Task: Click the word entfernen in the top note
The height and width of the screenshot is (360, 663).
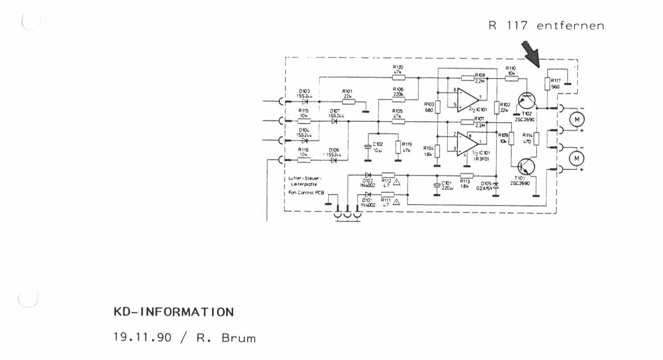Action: tap(570, 26)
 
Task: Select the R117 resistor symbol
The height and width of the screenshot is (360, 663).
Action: tap(548, 84)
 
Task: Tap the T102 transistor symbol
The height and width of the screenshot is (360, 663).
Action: tap(526, 101)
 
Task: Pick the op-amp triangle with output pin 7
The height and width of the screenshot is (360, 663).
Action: tap(467, 99)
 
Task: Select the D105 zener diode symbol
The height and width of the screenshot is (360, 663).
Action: tap(496, 186)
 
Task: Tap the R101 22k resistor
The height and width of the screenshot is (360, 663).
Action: tap(348, 102)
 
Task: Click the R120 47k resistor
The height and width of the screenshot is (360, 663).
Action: tap(398, 78)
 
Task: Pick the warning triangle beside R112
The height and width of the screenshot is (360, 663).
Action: tap(396, 182)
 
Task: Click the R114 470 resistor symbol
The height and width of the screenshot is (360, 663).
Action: tap(537, 139)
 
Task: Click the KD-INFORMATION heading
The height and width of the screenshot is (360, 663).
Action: tap(174, 312)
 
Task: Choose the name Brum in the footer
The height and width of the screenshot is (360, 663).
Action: tap(238, 338)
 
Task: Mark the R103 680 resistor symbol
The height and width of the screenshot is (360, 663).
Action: tap(437, 107)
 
